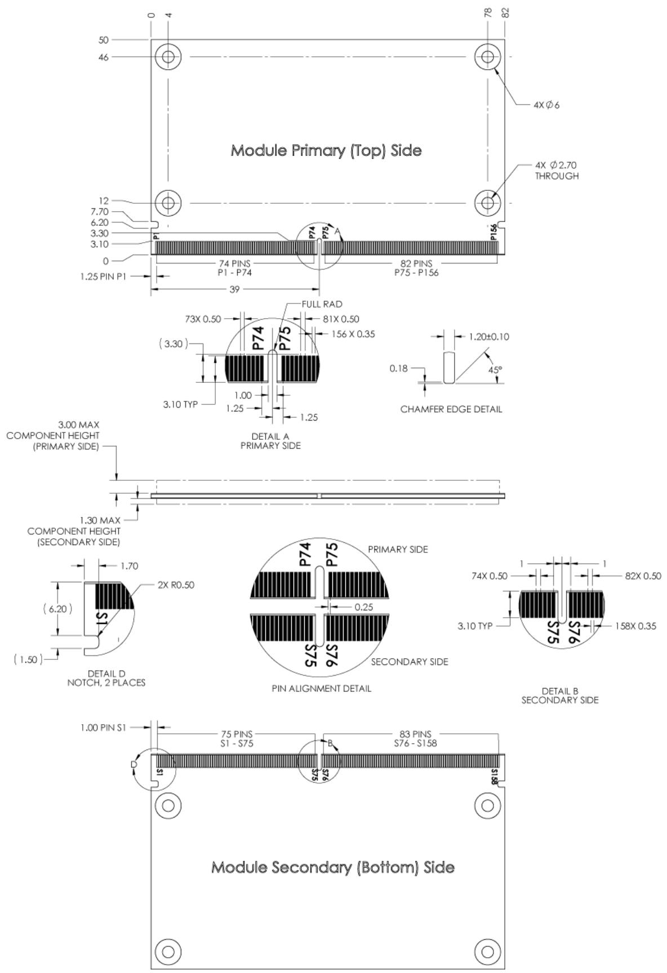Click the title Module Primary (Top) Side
(x=326, y=151)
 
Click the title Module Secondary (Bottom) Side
(x=333, y=867)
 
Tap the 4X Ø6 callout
(x=546, y=105)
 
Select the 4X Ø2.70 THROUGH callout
(x=557, y=171)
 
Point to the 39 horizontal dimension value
(x=234, y=289)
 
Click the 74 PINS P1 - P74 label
(x=235, y=268)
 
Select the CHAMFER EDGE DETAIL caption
(x=451, y=409)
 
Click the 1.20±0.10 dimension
(x=489, y=337)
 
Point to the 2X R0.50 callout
(x=176, y=585)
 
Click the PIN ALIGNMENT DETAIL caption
(x=322, y=688)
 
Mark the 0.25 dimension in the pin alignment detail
(x=364, y=607)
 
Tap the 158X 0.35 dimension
(x=635, y=626)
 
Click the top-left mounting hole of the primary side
(x=168, y=56)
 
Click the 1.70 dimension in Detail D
(x=129, y=566)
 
